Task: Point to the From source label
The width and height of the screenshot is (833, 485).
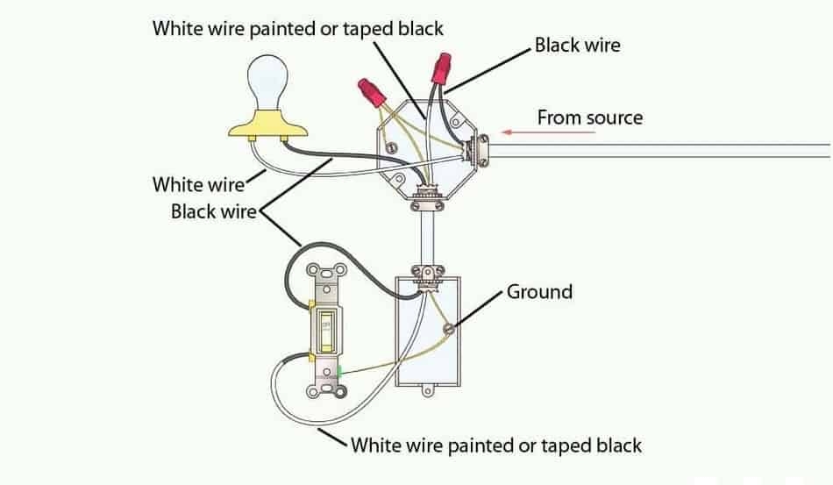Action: tap(589, 117)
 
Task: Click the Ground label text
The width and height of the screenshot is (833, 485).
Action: tap(539, 291)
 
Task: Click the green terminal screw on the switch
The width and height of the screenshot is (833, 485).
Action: tap(339, 372)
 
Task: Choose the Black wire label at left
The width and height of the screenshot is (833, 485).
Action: tap(212, 211)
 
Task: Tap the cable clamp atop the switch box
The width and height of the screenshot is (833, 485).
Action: tap(430, 274)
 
